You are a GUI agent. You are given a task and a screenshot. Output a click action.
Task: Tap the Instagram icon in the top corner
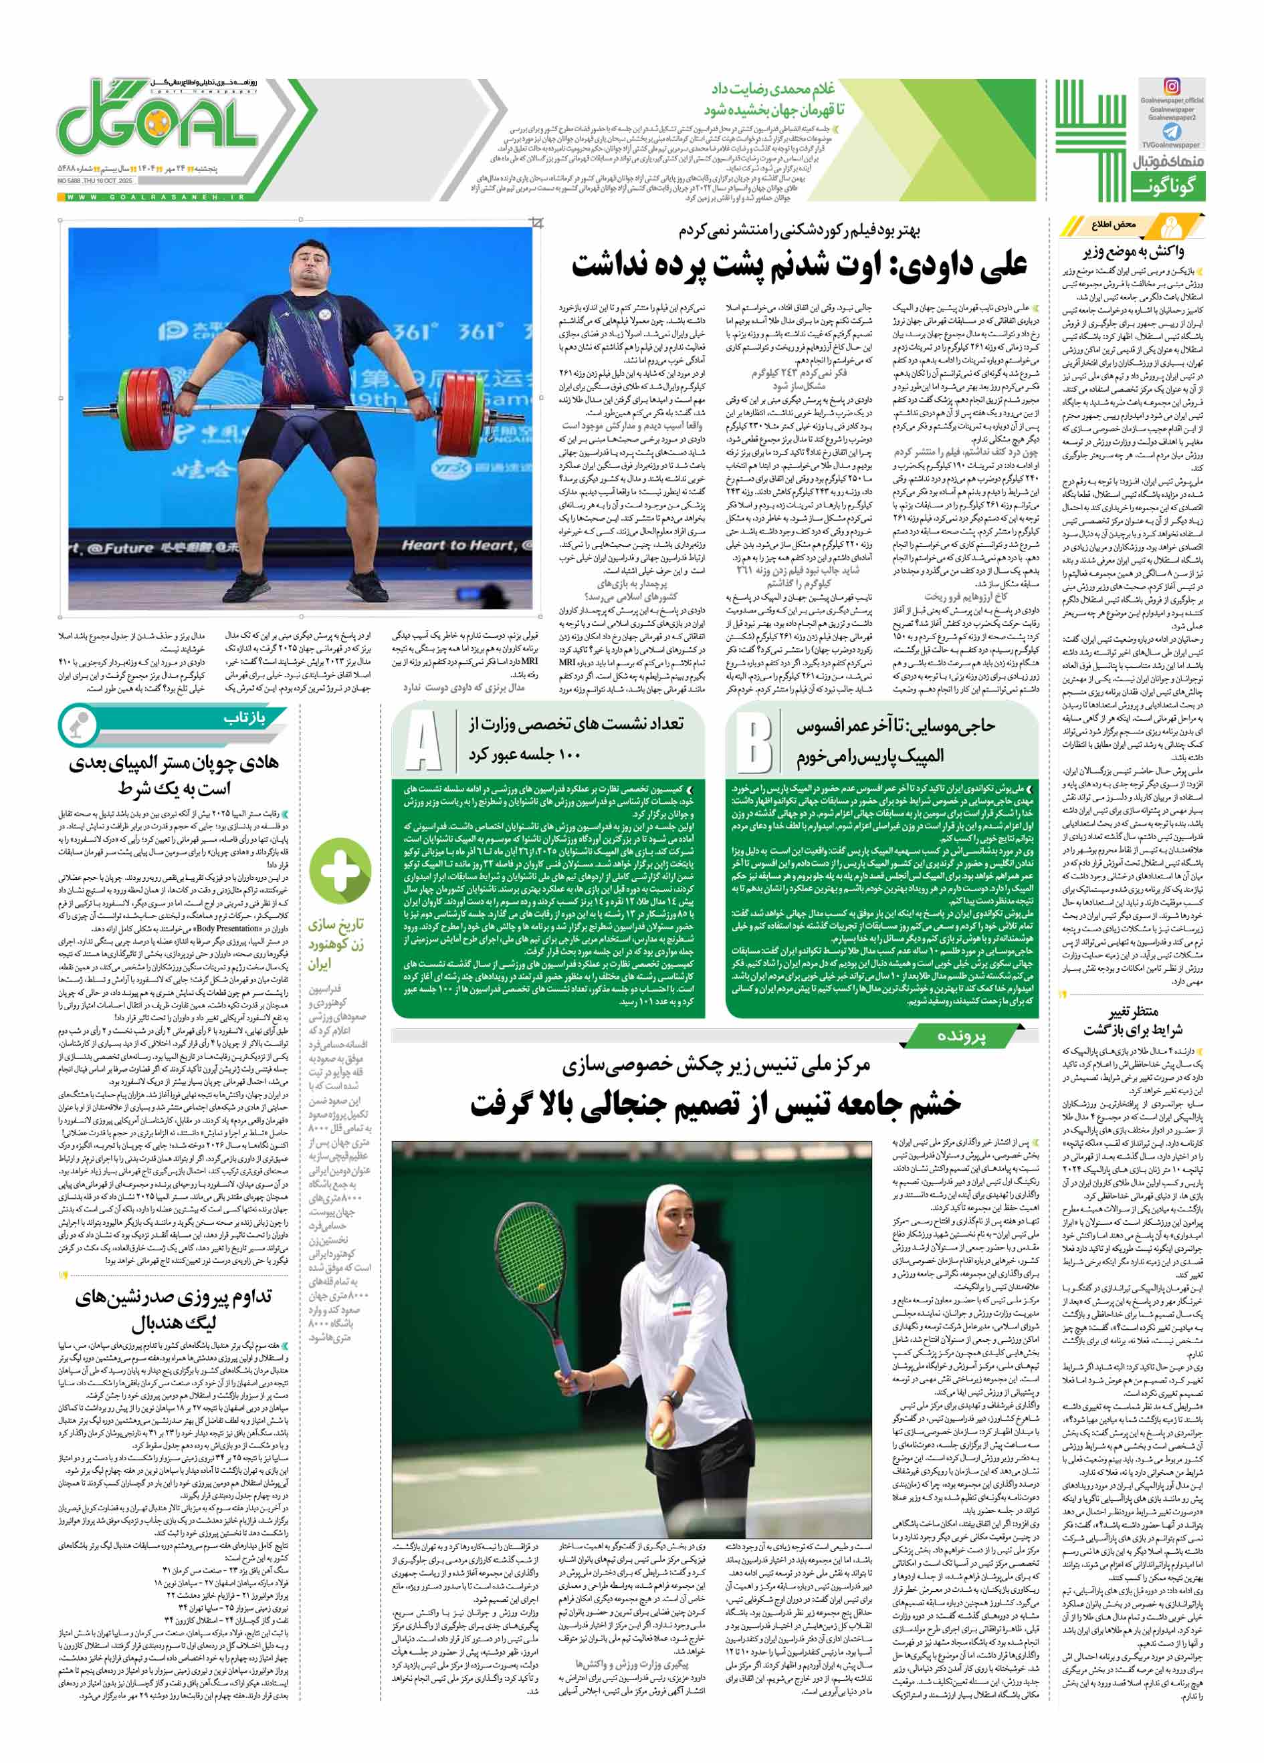1172,86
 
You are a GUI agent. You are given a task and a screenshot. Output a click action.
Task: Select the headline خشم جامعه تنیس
715,1103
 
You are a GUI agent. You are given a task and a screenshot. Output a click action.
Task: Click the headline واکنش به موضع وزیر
1134,251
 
